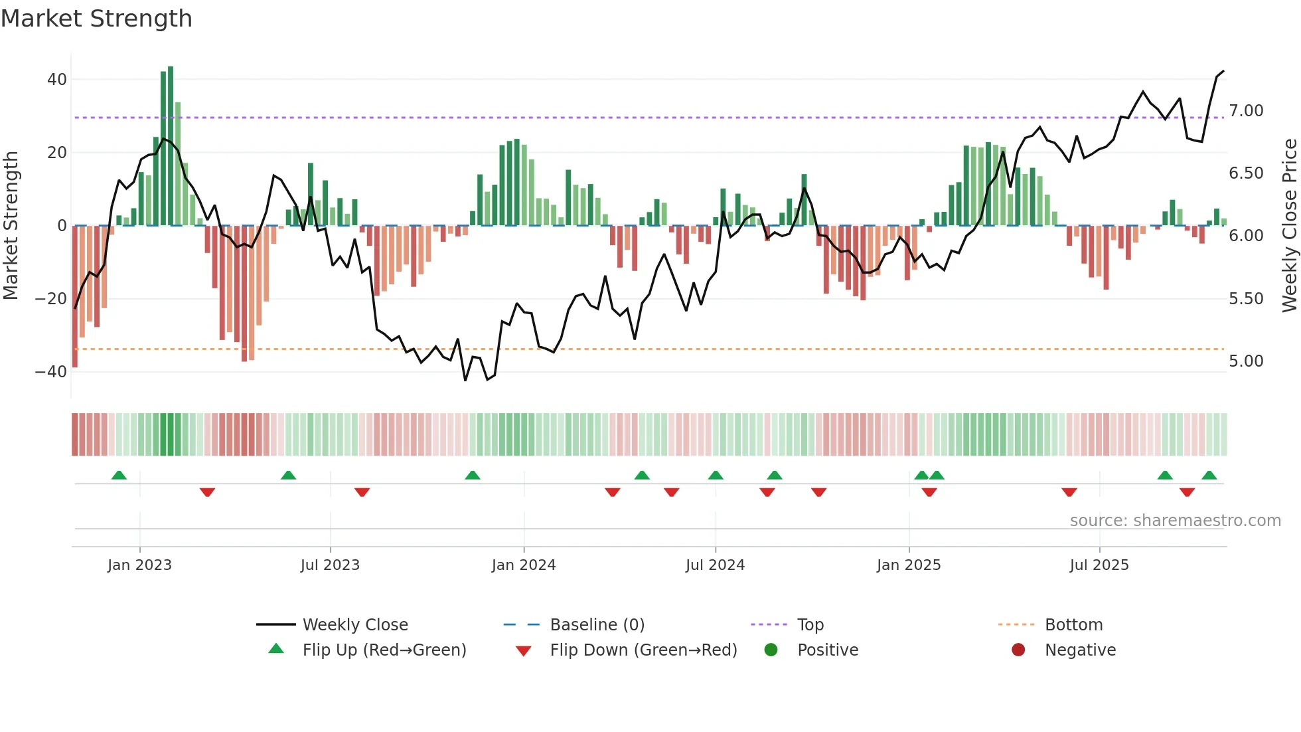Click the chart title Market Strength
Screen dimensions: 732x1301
pos(96,19)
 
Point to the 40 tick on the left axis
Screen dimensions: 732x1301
pos(57,80)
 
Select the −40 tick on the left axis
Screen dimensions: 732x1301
pos(51,372)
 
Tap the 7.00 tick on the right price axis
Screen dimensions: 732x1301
pos(1246,111)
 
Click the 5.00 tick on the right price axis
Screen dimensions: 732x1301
pos(1246,361)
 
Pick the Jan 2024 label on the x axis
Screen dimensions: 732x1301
pos(524,565)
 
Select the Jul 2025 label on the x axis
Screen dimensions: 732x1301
pos(1099,565)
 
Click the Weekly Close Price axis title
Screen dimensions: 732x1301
pos(1289,225)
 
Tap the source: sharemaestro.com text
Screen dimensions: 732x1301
pos(1175,521)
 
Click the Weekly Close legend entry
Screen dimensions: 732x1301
pos(355,625)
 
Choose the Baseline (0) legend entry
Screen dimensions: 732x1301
pos(597,625)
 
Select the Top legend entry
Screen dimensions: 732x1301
pos(810,625)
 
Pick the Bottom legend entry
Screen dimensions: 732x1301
pos(1073,625)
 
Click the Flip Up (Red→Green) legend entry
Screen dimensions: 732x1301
pos(384,650)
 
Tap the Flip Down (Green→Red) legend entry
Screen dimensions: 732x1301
pos(643,650)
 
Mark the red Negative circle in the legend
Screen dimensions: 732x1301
pos(1018,650)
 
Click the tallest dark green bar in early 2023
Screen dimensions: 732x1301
pos(171,146)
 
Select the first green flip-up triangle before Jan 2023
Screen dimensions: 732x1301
pos(119,476)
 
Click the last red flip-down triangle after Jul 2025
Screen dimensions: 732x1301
pos(1187,492)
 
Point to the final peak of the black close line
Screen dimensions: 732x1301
pos(1223,71)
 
